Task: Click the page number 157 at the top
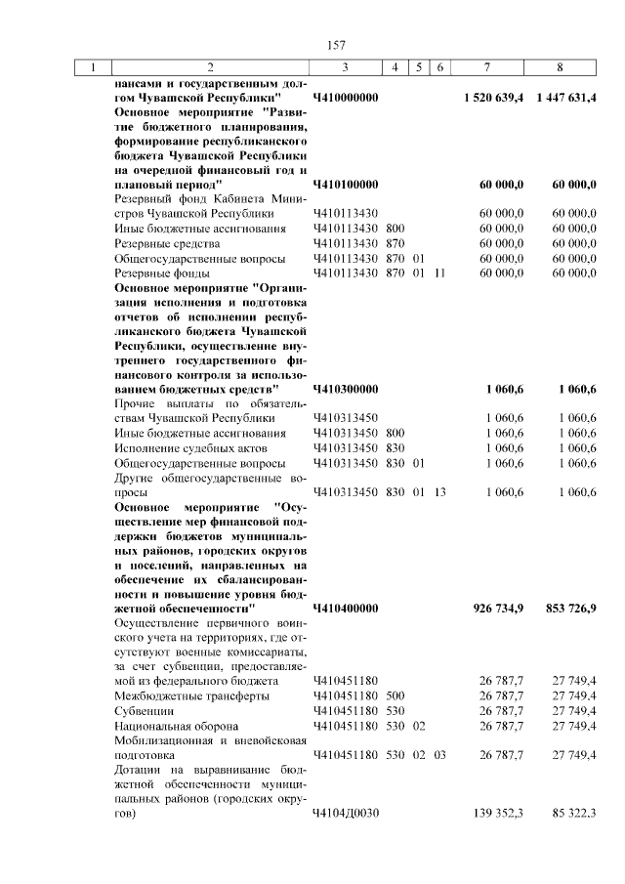[336, 45]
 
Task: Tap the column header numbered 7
[487, 67]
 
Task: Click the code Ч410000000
[346, 99]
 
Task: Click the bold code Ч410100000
[346, 184]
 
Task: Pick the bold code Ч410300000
[346, 389]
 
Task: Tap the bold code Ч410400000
[346, 608]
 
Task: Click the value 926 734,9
[500, 608]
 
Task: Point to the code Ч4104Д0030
[346, 813]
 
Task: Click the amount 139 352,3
[502, 813]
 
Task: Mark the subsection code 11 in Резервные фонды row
[439, 273]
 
